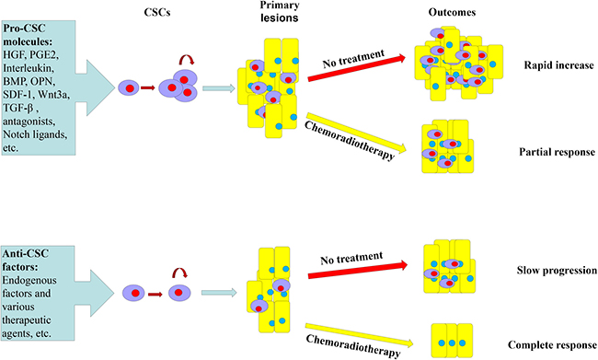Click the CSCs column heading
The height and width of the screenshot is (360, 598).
tap(157, 13)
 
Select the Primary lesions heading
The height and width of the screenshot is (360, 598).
tap(279, 12)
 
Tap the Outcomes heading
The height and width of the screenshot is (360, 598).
tap(452, 12)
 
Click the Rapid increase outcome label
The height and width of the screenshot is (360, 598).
tap(558, 65)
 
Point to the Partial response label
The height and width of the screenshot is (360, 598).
tap(557, 152)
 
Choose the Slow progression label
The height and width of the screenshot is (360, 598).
tap(557, 271)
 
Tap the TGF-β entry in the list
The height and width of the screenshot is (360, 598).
tap(19, 108)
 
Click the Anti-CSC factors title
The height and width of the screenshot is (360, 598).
tap(26, 261)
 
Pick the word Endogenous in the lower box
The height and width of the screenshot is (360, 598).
tap(29, 281)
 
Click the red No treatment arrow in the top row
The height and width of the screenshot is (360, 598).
tap(357, 68)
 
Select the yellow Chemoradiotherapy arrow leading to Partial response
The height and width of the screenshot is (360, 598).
tap(357, 132)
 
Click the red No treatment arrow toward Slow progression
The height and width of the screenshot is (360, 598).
tap(358, 270)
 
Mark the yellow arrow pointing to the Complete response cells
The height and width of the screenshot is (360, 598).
tap(359, 335)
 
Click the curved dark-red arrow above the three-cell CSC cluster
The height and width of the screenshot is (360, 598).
tap(187, 58)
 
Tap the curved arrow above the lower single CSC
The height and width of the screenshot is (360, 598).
tap(179, 271)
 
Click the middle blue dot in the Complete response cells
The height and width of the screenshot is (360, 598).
tap(452, 343)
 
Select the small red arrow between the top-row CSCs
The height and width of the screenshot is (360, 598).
tap(147, 88)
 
